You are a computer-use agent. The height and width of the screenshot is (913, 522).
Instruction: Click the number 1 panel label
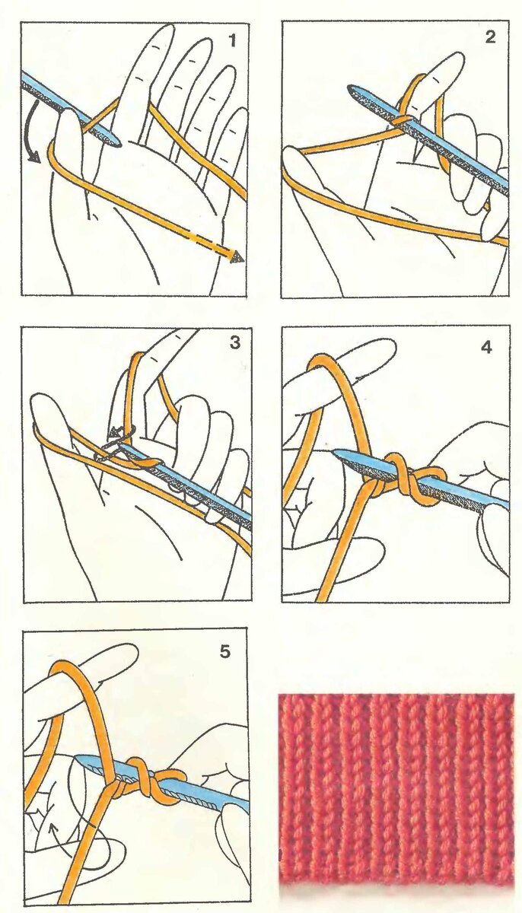point(233,41)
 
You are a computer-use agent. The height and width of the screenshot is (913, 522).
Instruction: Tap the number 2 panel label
point(490,37)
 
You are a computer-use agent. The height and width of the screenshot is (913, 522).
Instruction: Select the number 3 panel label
point(235,343)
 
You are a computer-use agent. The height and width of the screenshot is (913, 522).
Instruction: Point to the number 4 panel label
point(486,348)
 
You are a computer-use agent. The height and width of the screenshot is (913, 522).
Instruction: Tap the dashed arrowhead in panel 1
point(237,256)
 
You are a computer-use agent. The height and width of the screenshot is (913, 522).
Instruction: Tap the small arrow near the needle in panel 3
point(118,432)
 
